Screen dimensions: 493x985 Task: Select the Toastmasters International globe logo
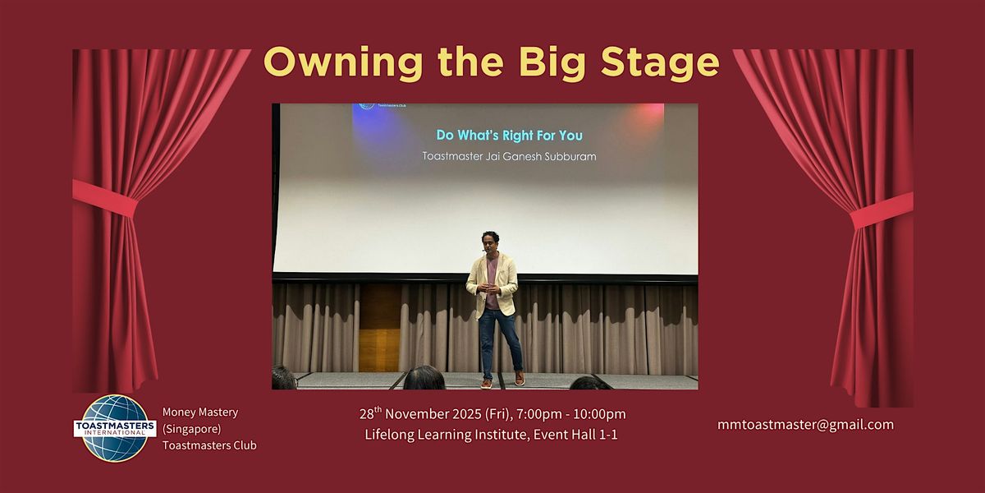pos(115,427)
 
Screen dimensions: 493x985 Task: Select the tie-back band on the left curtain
pos(105,198)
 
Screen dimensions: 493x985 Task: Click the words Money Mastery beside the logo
pos(200,412)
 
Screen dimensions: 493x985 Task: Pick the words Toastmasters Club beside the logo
pos(209,445)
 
